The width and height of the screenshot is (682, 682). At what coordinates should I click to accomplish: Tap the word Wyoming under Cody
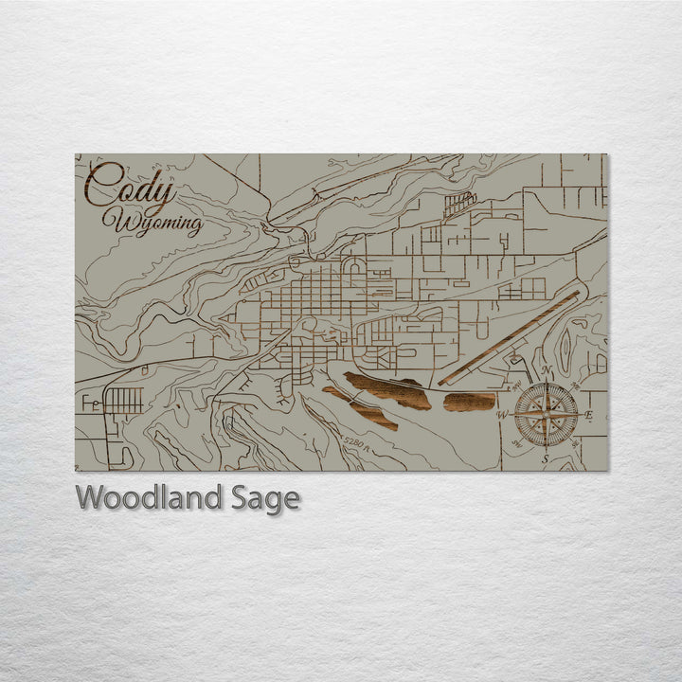[157, 224]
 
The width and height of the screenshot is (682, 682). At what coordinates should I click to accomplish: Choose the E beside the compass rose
[589, 416]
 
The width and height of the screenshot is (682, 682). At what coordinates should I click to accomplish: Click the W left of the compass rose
[503, 415]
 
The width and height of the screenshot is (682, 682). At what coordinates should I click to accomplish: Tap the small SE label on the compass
[575, 443]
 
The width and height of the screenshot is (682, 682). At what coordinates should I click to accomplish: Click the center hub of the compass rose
[547, 414]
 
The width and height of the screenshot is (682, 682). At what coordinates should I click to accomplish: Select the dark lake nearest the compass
[470, 402]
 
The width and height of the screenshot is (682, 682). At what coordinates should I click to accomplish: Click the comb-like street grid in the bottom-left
[123, 401]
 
